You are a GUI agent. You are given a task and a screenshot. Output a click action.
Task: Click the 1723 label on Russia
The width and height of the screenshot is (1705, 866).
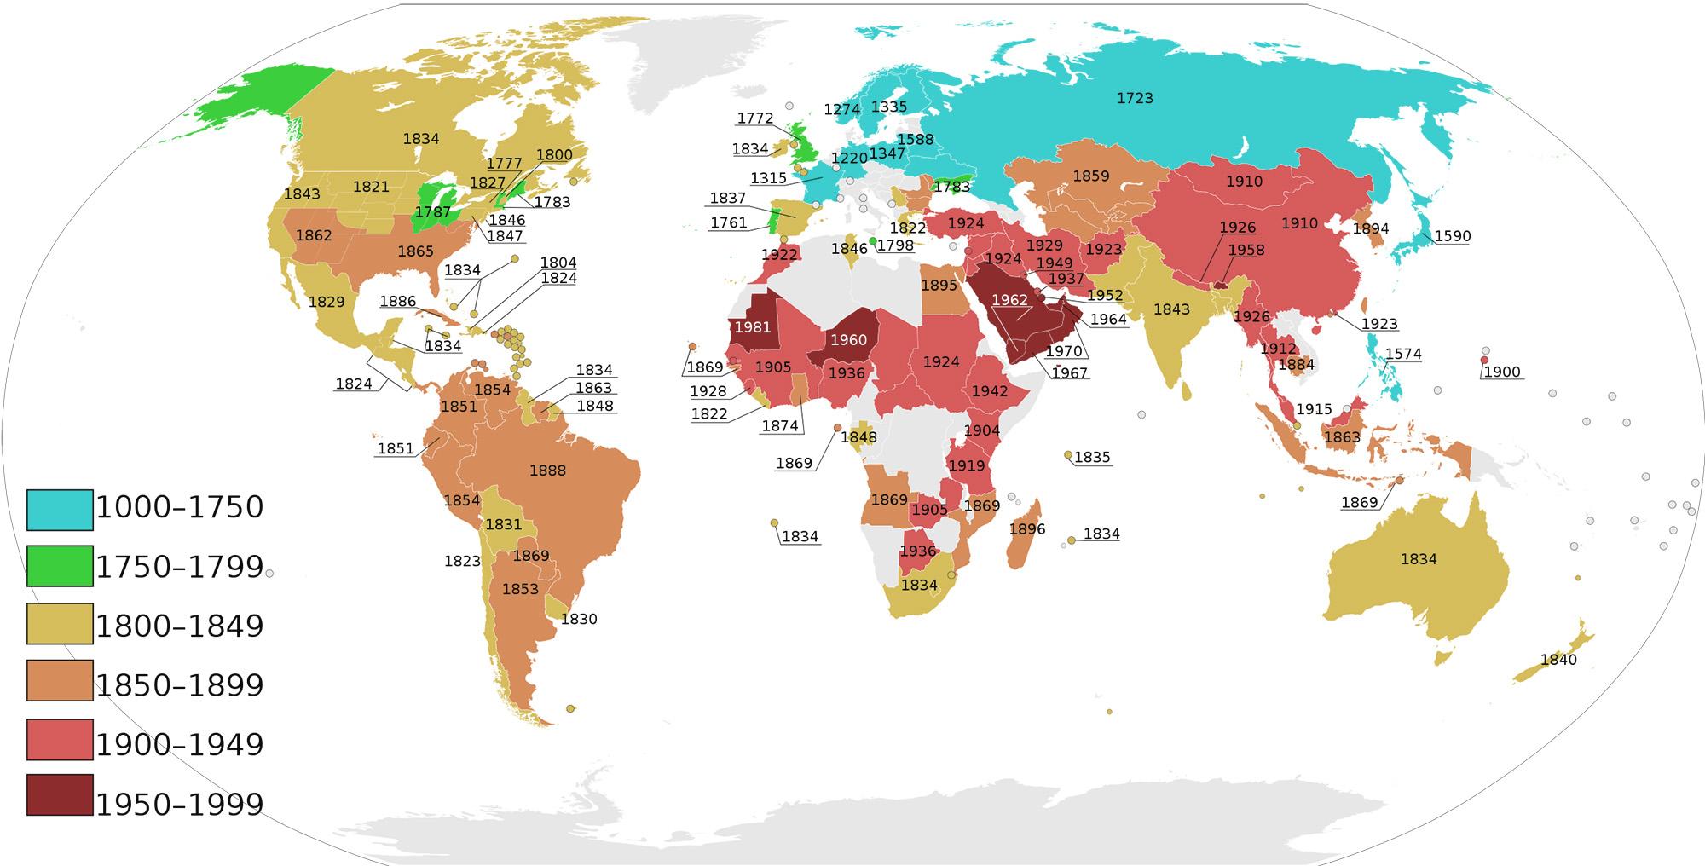coord(1135,98)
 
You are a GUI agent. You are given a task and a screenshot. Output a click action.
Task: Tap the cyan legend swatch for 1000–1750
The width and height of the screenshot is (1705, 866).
coord(60,510)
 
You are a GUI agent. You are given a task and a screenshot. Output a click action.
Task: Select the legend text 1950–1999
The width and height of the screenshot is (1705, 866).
coord(180,804)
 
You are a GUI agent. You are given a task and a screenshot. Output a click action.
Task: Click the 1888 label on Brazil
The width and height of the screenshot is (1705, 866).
coord(547,471)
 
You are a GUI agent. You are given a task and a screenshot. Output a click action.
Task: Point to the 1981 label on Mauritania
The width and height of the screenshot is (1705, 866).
coord(753,327)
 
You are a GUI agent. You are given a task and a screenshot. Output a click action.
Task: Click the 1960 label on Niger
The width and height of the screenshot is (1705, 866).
coord(848,340)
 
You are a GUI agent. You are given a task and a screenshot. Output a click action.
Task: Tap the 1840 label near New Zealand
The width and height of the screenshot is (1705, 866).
coord(1558,660)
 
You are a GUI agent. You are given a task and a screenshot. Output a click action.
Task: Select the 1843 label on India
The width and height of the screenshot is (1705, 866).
coord(1171,309)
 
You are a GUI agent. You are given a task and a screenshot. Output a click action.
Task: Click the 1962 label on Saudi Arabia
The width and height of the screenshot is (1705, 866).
coord(1010,300)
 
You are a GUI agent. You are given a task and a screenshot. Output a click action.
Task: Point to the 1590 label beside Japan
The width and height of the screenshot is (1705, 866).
coord(1453,236)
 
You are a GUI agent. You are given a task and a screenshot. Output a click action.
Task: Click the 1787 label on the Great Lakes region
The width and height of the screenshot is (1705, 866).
coord(433,211)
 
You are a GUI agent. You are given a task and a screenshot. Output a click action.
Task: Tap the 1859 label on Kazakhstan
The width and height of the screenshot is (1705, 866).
coord(1091,176)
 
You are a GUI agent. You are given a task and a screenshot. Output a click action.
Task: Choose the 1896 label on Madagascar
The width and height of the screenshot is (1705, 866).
coord(1027,529)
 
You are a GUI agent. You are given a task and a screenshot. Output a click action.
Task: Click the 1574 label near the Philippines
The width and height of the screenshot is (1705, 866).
coord(1403,354)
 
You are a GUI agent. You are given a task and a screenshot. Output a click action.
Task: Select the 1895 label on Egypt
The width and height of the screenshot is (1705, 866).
coord(939,286)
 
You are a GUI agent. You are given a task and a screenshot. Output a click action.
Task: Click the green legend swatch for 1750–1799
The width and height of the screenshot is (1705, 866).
coord(60,566)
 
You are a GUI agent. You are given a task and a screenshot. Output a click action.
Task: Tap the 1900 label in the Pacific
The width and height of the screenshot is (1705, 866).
coord(1502,372)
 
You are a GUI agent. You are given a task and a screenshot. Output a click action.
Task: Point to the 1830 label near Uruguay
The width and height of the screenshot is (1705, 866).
coord(579,619)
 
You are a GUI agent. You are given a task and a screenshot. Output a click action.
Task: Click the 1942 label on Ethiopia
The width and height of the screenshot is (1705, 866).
coord(990,391)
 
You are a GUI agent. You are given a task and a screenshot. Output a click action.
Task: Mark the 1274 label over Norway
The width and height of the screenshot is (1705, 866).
coord(842,109)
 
